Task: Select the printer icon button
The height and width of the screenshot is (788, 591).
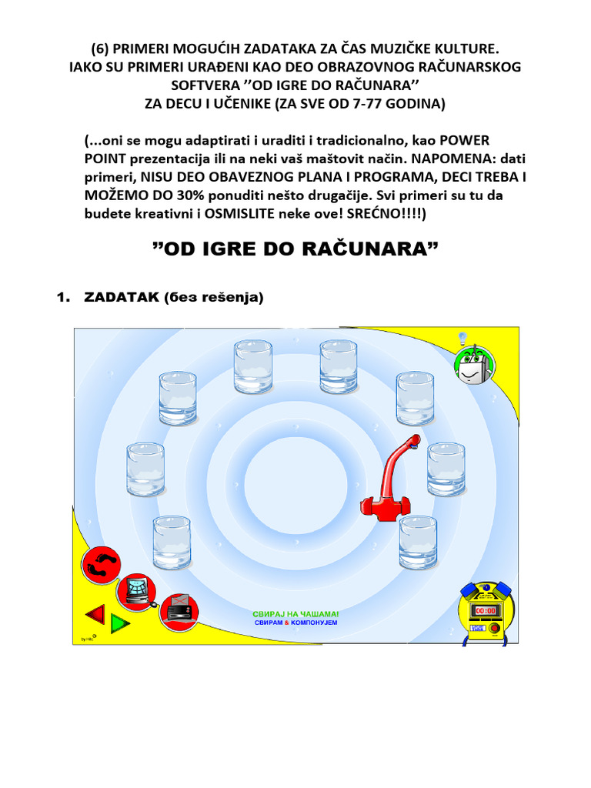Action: click(x=178, y=608)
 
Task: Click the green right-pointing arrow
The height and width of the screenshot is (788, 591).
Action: click(x=120, y=622)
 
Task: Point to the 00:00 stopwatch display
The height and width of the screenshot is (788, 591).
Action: click(x=486, y=610)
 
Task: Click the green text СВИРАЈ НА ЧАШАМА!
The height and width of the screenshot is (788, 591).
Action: click(x=295, y=614)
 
